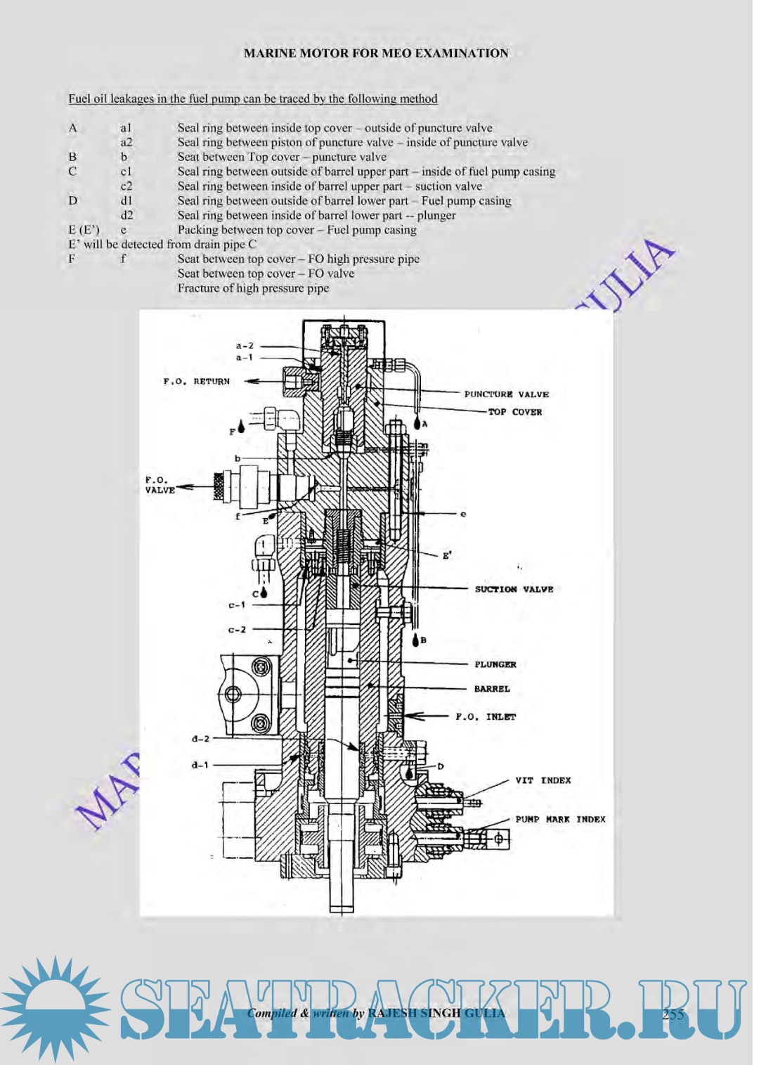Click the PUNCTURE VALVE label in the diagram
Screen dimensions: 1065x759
click(506, 394)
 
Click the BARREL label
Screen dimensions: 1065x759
click(492, 689)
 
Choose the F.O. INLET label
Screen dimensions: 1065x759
click(486, 717)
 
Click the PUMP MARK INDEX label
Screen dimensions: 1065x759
click(560, 819)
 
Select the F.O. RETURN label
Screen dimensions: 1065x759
click(197, 382)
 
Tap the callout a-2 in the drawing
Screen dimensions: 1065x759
click(244, 346)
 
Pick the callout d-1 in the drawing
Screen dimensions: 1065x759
click(200, 765)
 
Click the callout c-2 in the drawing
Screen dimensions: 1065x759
click(237, 630)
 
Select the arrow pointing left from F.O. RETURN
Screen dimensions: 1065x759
click(260, 381)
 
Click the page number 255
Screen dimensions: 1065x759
click(673, 1014)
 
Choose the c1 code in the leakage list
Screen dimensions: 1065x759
click(126, 172)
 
